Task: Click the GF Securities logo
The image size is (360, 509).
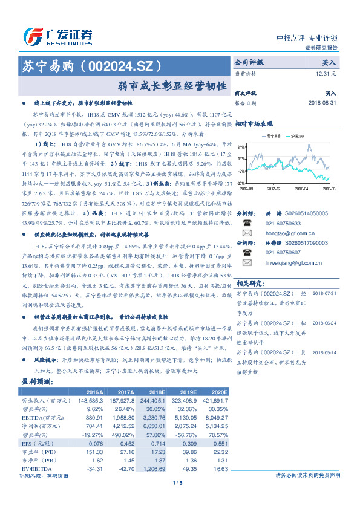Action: [57, 35]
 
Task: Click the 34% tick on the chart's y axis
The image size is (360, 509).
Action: [241, 147]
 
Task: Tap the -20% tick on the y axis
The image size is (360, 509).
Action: [241, 183]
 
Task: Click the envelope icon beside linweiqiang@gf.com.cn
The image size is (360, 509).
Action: [247, 262]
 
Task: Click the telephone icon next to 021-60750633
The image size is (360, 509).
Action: [247, 222]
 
